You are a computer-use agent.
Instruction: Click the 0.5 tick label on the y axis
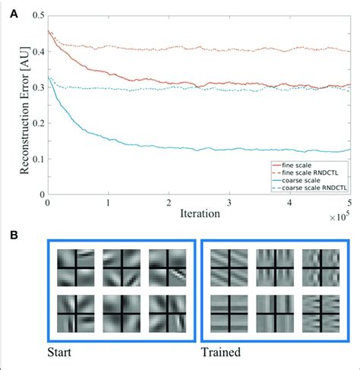(x=39, y=15)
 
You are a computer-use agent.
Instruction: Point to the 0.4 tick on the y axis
(x=39, y=52)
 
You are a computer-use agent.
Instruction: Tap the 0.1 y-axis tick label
(x=39, y=159)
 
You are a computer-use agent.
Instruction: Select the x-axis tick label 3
(x=229, y=204)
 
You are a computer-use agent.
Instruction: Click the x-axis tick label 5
(x=349, y=204)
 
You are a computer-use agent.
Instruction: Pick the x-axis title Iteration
(x=200, y=214)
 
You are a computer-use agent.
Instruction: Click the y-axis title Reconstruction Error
(x=24, y=110)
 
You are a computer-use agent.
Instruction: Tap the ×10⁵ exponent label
(x=339, y=217)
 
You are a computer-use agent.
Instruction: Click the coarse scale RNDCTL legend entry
(x=309, y=188)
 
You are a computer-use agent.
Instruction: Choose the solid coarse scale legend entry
(x=296, y=180)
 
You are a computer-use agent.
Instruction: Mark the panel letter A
(x=14, y=14)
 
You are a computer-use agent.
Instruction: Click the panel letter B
(x=14, y=236)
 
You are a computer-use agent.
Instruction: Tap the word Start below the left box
(x=59, y=353)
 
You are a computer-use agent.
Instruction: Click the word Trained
(x=221, y=353)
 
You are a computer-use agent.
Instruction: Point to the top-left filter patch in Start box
(x=76, y=267)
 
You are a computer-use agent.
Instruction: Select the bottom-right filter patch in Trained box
(x=321, y=314)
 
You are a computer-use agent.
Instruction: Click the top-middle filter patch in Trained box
(x=275, y=267)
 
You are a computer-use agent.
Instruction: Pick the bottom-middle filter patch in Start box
(x=122, y=314)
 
